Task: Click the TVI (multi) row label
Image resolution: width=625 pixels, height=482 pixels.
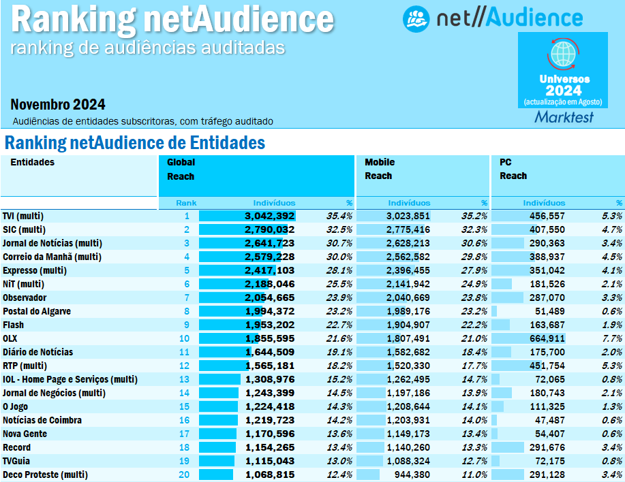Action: [x=25, y=216]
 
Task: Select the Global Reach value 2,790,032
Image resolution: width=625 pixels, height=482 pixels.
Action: [x=269, y=229]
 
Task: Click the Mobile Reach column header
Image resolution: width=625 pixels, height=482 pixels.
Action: [x=380, y=169]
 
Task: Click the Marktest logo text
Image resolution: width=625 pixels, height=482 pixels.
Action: [x=564, y=117]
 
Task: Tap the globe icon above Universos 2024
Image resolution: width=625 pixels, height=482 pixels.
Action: [x=563, y=54]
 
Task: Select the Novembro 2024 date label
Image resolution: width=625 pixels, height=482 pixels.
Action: [x=58, y=104]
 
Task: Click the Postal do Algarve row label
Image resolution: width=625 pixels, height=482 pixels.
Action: [x=37, y=311]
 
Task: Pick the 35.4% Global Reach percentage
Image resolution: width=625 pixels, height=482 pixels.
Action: [x=339, y=216]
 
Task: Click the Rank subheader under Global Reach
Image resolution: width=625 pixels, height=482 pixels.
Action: [x=186, y=203]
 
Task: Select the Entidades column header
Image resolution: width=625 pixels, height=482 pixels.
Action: [x=32, y=162]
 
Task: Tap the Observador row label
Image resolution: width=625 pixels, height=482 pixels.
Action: [x=25, y=298]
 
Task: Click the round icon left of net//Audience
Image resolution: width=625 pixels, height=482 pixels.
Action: [x=415, y=18]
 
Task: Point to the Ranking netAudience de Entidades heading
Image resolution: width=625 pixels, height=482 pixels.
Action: [x=134, y=143]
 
